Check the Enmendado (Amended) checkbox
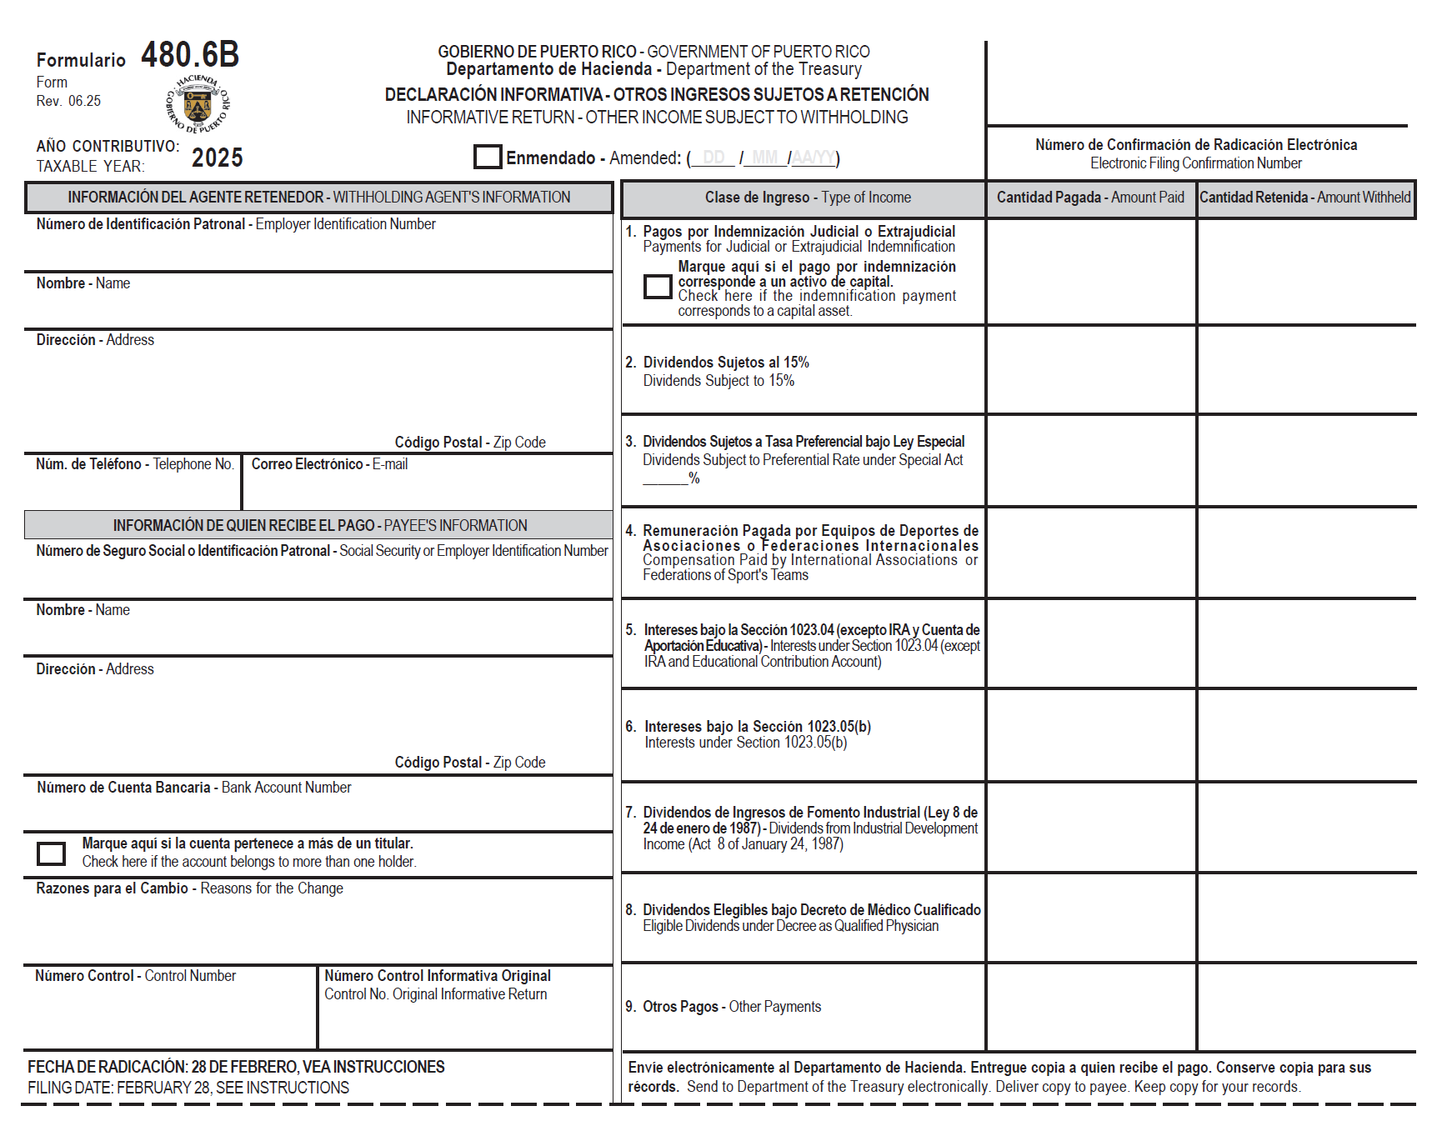point(488,157)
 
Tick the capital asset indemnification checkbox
point(658,287)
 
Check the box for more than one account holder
point(52,853)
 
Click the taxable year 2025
point(218,158)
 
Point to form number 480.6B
point(190,55)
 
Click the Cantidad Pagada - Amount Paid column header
point(1090,198)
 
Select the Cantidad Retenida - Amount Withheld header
point(1305,198)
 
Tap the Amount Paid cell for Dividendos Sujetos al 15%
point(1090,370)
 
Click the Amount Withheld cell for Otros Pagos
point(1305,1007)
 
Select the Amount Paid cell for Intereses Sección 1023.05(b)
point(1090,735)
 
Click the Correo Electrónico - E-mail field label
point(329,464)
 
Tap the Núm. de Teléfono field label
point(134,464)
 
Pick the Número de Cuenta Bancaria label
point(193,788)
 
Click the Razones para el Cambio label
point(189,888)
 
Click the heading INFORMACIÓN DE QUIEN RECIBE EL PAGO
point(320,526)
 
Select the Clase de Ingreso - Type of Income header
point(807,198)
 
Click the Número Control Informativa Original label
point(437,976)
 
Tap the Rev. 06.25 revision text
point(68,101)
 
